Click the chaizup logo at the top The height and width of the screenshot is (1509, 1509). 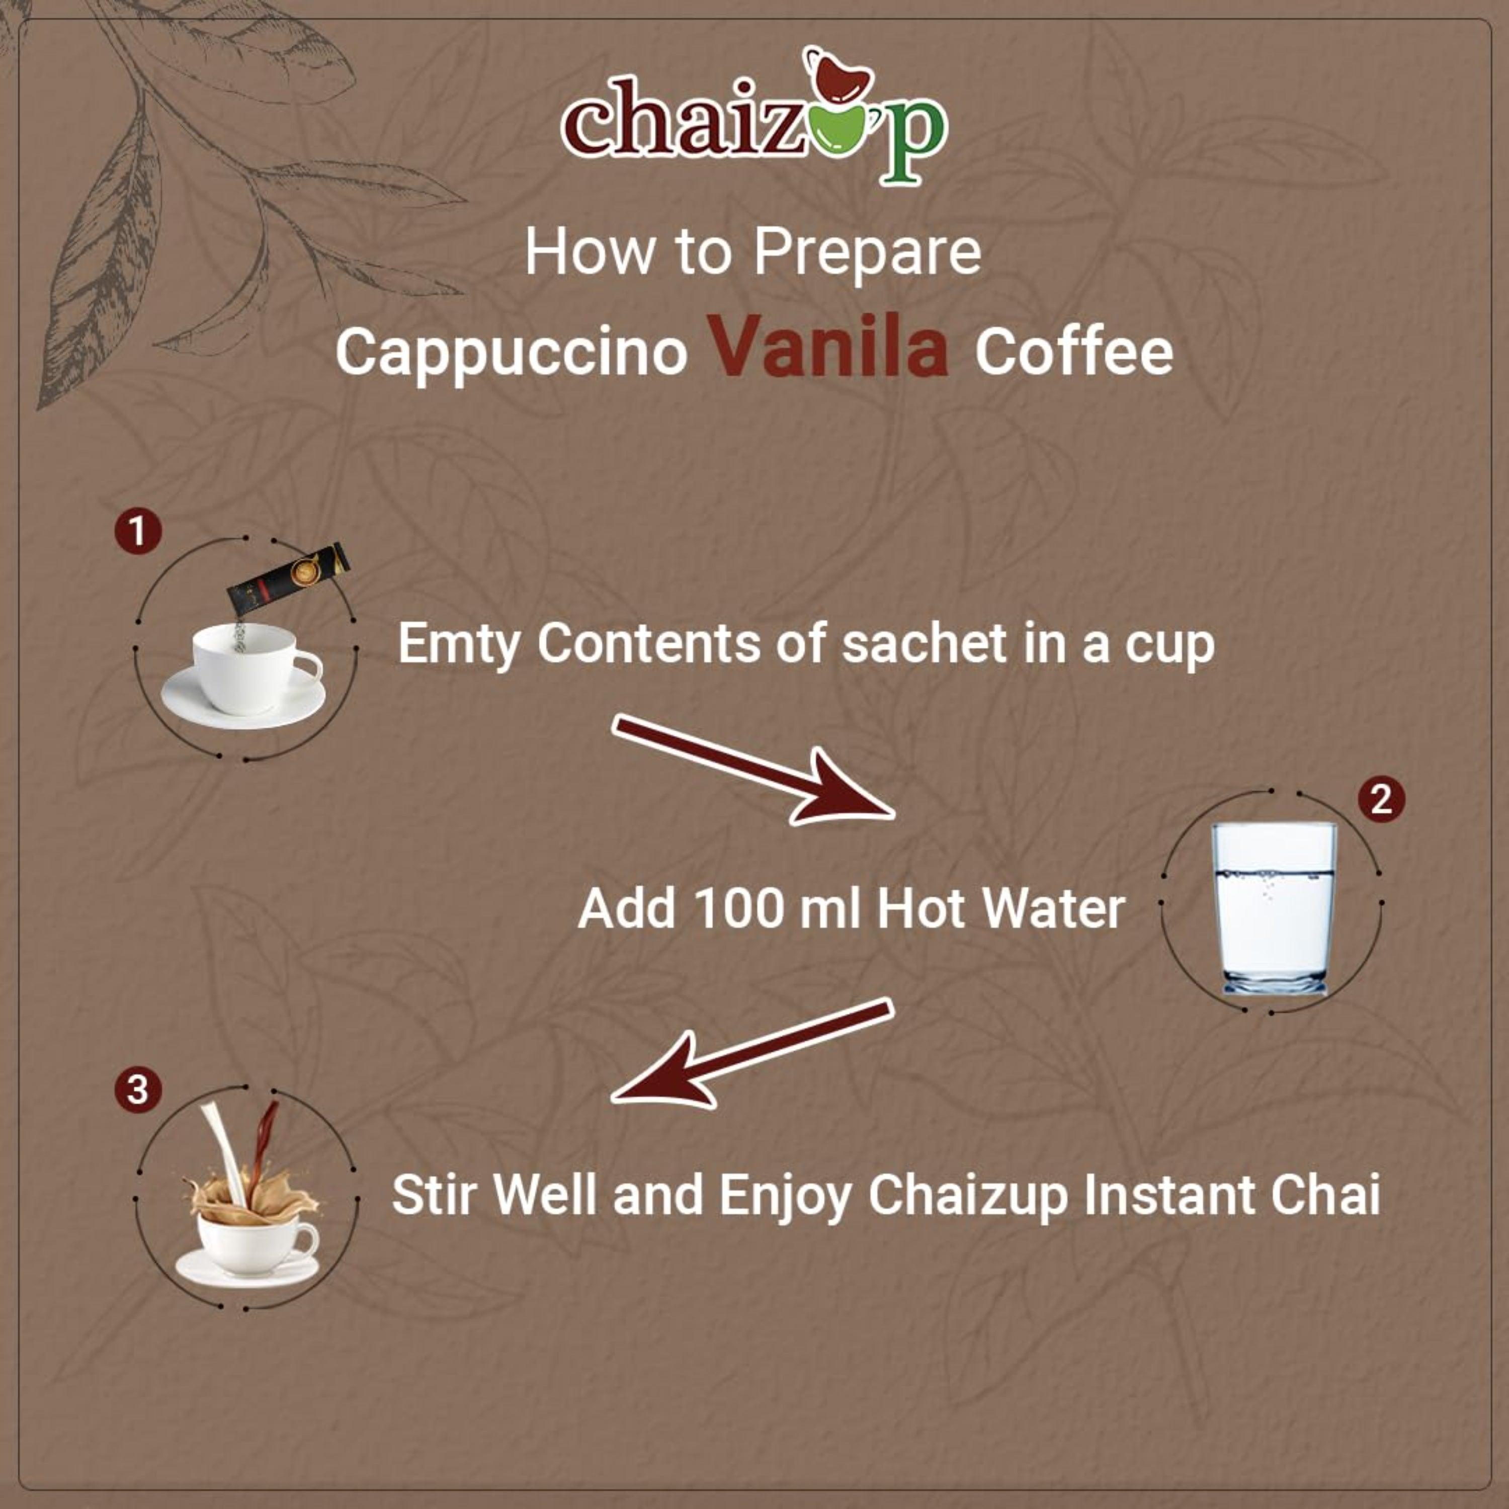pos(753,117)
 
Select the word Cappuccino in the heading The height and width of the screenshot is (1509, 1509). pos(512,352)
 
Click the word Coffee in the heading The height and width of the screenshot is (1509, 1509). pos(1073,352)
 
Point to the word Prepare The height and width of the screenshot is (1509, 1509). pos(867,253)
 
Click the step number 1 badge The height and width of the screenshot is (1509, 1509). pos(138,532)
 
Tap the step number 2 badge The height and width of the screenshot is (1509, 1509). pos(1381,800)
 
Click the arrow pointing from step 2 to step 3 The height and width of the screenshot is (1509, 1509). pos(750,1054)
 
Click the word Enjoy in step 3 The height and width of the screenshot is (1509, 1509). pos(785,1195)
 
